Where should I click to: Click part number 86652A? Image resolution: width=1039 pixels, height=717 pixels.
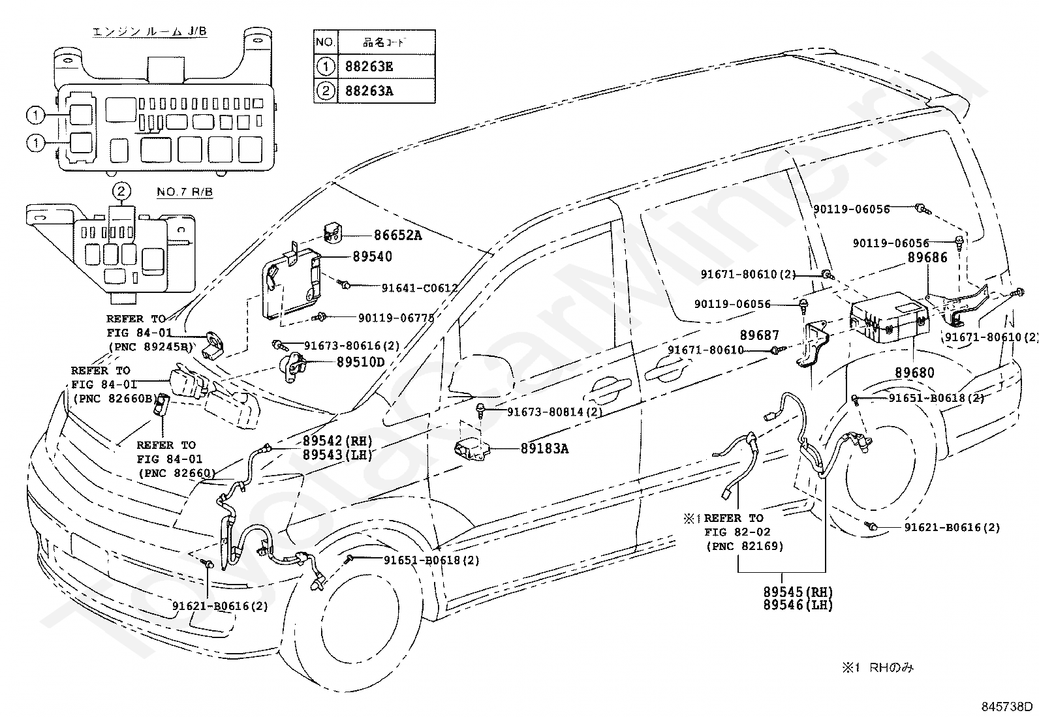click(x=397, y=236)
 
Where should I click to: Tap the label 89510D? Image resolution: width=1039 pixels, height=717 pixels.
click(x=360, y=362)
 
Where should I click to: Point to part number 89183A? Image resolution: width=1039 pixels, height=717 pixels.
click(x=544, y=449)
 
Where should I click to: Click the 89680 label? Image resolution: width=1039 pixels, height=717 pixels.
click(x=914, y=373)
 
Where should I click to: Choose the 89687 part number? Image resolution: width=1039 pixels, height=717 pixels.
click(x=760, y=335)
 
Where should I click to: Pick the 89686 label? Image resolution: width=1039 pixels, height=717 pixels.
click(x=927, y=258)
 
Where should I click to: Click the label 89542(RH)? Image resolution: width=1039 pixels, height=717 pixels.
click(x=337, y=440)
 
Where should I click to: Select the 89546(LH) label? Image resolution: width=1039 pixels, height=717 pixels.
click(x=798, y=605)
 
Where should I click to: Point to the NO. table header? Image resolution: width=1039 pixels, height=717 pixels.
click(x=325, y=43)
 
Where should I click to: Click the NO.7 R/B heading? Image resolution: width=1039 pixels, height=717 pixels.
click(x=185, y=192)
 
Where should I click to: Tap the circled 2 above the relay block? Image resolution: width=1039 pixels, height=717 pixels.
click(x=121, y=191)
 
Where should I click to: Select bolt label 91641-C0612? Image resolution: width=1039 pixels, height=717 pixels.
click(x=419, y=288)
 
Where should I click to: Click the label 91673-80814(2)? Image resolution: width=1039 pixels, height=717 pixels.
click(x=555, y=412)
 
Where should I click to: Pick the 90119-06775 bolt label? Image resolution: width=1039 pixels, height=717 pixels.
click(x=396, y=318)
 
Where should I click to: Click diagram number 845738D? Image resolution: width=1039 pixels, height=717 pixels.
click(x=1008, y=707)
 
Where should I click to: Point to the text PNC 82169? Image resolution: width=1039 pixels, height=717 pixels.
click(x=744, y=546)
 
